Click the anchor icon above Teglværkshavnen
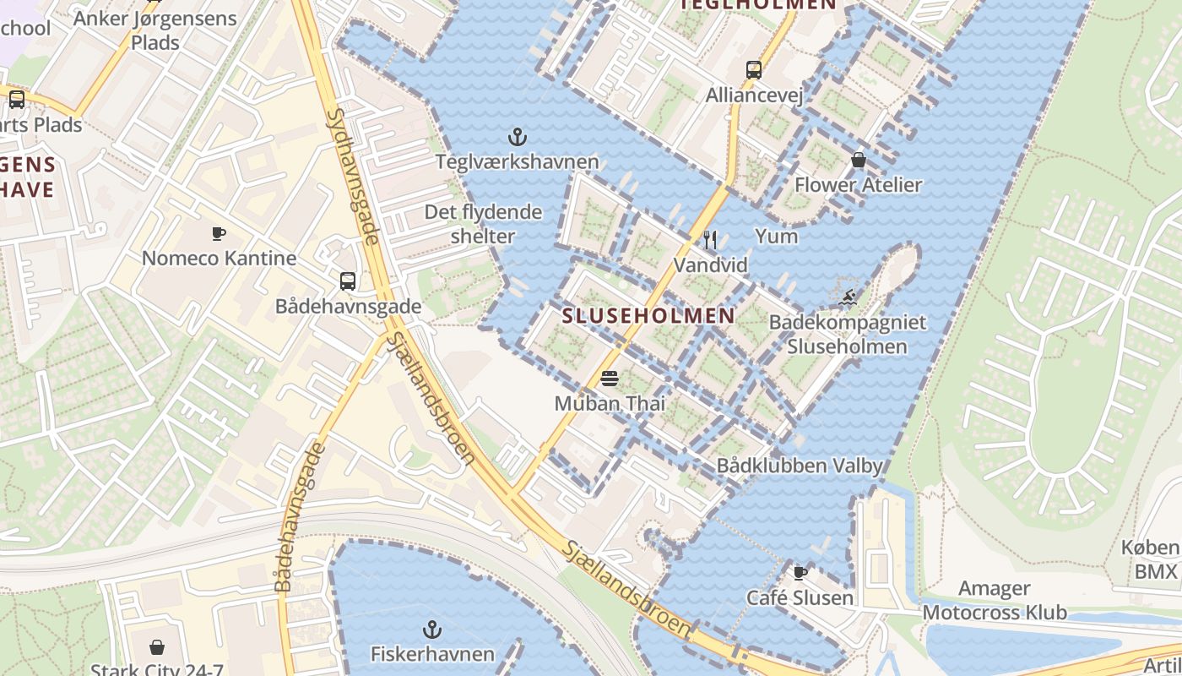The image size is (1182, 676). click(517, 136)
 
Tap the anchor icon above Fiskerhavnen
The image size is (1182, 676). click(432, 630)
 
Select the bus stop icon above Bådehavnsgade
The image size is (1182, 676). click(347, 281)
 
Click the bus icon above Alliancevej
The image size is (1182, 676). click(754, 70)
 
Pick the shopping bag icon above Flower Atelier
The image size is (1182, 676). click(859, 160)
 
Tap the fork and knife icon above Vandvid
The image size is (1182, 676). click(710, 240)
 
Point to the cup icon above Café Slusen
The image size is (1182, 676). click(800, 573)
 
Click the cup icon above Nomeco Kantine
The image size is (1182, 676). click(219, 233)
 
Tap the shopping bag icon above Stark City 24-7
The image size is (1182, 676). click(157, 647)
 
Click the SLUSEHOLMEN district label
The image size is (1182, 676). click(648, 316)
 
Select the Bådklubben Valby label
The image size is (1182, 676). click(799, 466)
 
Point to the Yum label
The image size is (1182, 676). click(776, 236)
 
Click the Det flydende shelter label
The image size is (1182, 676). click(482, 224)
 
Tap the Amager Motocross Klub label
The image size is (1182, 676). click(995, 600)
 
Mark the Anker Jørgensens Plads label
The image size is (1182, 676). click(155, 30)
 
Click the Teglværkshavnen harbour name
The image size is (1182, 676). click(517, 161)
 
